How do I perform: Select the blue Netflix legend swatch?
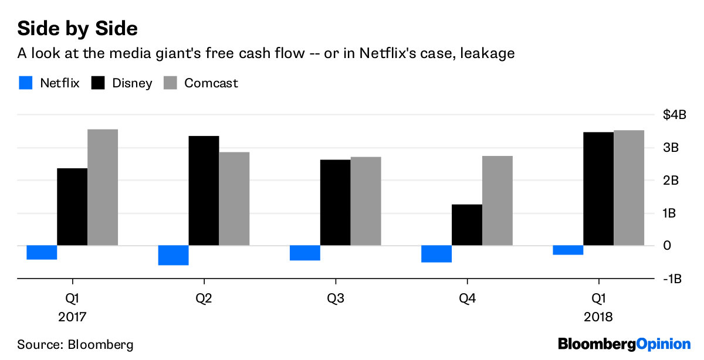[x=25, y=83]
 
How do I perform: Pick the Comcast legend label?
[x=211, y=83]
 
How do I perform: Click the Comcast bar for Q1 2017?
[x=103, y=187]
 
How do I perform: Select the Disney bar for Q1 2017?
[x=72, y=206]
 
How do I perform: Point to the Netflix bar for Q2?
[x=173, y=255]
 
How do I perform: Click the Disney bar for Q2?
[x=204, y=191]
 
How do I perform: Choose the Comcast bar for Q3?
[x=365, y=201]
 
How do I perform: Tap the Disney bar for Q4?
[x=467, y=225]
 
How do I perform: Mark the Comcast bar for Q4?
[x=497, y=201]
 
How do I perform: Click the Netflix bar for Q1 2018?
[x=568, y=250]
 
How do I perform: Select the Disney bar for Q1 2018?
[x=598, y=189]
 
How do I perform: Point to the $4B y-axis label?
[x=675, y=115]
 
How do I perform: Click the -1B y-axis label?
[x=672, y=279]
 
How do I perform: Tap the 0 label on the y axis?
[x=667, y=246]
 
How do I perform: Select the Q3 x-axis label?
[x=336, y=298]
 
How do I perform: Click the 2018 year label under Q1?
[x=598, y=317]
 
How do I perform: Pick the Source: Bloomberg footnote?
[x=75, y=344]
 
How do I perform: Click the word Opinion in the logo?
[x=664, y=344]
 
